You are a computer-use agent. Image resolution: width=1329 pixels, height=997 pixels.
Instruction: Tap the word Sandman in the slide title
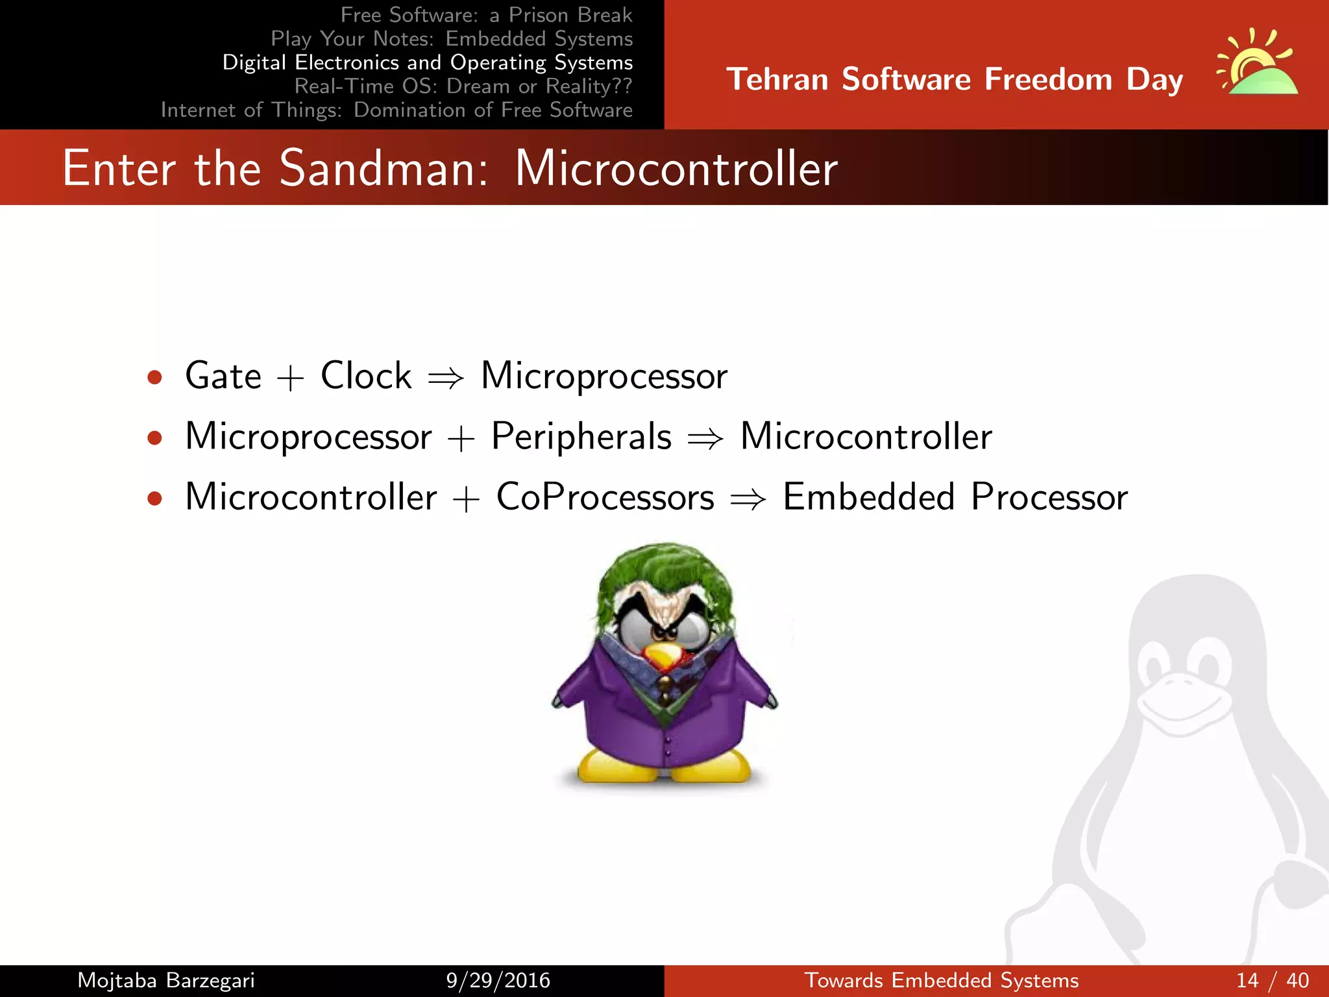coord(383,169)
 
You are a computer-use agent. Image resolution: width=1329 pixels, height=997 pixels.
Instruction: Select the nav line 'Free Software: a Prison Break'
coord(486,15)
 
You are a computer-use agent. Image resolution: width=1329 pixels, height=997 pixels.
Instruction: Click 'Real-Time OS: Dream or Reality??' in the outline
coord(463,86)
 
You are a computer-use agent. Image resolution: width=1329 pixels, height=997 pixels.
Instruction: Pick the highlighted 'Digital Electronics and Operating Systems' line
coord(427,62)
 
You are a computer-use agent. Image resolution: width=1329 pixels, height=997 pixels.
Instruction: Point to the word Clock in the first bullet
coord(366,376)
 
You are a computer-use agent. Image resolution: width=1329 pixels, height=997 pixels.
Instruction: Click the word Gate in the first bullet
coord(223,376)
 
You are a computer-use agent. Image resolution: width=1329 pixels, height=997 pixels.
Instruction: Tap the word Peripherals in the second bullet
coord(581,436)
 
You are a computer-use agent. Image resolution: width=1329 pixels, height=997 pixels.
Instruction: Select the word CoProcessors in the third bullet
coord(605,497)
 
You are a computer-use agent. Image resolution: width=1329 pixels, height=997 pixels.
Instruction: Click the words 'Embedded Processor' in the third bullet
coord(955,497)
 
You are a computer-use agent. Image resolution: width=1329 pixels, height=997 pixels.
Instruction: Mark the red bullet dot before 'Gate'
coord(154,378)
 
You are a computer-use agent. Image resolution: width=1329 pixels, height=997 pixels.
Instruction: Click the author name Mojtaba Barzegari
coord(166,980)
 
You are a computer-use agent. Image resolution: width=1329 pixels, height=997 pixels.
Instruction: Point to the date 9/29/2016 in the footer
coord(498,980)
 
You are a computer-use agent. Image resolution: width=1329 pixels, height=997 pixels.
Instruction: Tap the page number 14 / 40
coord(1273,980)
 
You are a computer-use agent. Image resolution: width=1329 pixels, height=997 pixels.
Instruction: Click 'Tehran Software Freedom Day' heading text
coord(954,79)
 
